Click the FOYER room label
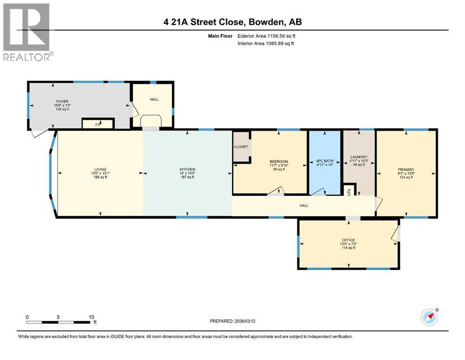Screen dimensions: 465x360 coord(62,102)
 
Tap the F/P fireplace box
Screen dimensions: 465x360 coord(98,123)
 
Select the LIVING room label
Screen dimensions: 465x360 coord(100,170)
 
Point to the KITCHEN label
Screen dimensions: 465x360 coord(187,169)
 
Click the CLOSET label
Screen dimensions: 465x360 coord(241,147)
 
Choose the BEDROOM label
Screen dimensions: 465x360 coord(279,162)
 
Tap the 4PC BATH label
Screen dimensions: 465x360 coord(325,161)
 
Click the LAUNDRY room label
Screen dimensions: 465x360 coord(359,157)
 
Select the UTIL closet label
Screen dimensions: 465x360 coord(349,191)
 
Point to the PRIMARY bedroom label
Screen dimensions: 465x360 coord(406,170)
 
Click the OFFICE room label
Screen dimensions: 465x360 coord(348,240)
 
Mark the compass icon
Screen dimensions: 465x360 coord(429,317)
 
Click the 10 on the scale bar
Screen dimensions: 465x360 coord(91,317)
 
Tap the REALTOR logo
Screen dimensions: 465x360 coord(28,32)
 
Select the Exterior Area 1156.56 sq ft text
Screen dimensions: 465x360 coord(266,36)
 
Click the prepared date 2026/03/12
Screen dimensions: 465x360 coord(245,321)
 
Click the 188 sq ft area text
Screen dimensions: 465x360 coord(100,177)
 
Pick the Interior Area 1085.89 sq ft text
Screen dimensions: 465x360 coord(266,43)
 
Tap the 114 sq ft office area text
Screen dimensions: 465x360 coord(348,248)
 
